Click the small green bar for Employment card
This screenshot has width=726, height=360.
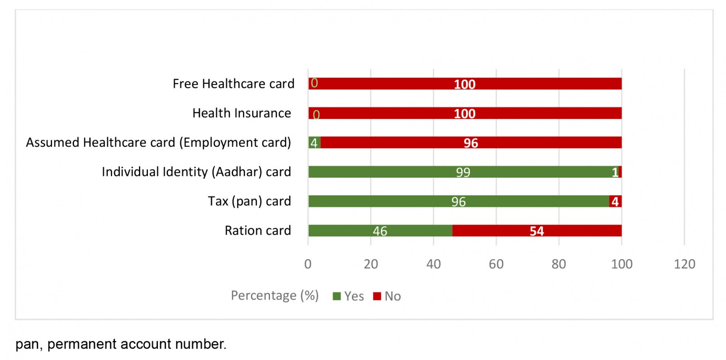(314, 143)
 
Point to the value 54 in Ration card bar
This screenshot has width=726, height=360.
(537, 231)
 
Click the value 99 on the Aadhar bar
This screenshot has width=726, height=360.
(463, 172)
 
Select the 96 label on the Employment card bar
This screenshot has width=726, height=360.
(471, 143)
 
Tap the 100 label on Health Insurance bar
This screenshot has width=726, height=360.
(465, 114)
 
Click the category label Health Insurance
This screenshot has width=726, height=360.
(241, 113)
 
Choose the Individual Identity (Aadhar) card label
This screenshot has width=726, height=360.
(196, 172)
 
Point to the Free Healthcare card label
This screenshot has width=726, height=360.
(233, 84)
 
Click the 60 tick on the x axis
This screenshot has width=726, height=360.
(496, 264)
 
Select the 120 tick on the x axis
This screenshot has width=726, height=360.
(684, 264)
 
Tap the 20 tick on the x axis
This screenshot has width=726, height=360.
(371, 264)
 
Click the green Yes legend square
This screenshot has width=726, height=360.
(337, 296)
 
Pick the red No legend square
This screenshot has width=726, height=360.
(377, 296)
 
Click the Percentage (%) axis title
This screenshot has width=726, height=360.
(275, 295)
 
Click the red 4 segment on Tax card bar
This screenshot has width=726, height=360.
(615, 201)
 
